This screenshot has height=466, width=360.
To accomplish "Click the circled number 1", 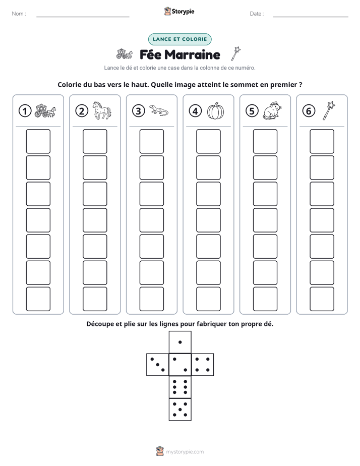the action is point(25,111).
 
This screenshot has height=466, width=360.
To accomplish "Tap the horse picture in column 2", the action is point(102,110).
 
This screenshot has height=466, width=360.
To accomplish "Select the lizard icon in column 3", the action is point(159,110).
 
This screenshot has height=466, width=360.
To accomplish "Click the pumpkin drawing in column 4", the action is point(216,110).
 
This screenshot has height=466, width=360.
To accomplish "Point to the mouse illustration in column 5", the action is point(272,110).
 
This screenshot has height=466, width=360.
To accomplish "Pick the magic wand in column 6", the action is point(329,110).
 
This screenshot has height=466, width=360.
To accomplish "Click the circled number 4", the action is point(195,111).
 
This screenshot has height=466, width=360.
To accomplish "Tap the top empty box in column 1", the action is point(38,141).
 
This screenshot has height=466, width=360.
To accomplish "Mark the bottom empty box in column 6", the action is point(322,299).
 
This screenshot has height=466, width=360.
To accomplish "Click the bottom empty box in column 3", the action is point(151,299).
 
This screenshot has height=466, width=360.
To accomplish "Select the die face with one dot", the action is point(180,342).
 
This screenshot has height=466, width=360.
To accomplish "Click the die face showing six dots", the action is point(180,387).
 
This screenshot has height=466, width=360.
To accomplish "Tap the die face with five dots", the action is point(180,410).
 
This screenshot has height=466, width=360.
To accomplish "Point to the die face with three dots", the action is point(158,365).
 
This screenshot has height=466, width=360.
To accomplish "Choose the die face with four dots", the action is point(203,365).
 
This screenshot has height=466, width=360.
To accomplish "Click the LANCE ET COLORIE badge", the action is point(179,39).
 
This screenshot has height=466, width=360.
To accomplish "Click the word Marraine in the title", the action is point(192,54).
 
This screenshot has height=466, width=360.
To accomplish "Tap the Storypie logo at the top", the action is point(179,11).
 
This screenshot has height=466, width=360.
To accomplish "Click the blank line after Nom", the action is point(83,17).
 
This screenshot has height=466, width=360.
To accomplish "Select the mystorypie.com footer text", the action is point(185,452).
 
